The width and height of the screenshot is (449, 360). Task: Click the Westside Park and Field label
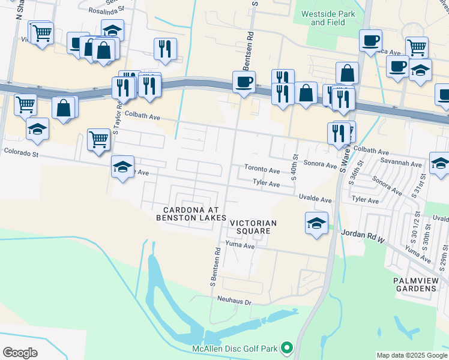coord(328,18)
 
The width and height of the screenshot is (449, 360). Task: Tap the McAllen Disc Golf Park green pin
coord(288,347)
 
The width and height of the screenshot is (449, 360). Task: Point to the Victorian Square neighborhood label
coord(253,227)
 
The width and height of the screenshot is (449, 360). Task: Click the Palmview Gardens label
coord(414,284)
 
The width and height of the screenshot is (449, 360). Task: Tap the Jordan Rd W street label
coord(363,236)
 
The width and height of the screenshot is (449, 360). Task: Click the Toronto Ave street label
coord(262,170)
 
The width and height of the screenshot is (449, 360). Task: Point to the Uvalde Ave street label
coord(316,199)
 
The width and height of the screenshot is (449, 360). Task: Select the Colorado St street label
coord(21,154)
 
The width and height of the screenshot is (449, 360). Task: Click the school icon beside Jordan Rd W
coord(316,224)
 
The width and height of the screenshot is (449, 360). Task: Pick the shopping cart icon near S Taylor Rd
coord(99,140)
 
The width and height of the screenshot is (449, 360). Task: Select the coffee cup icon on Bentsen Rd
coord(244,82)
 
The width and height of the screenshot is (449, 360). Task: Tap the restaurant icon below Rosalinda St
coord(165,49)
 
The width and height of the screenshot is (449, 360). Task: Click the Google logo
coord(20,353)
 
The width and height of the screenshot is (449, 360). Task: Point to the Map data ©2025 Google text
coord(411,355)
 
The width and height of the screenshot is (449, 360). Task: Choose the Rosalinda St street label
coord(106,10)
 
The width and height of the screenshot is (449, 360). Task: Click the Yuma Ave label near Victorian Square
coord(240,245)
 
